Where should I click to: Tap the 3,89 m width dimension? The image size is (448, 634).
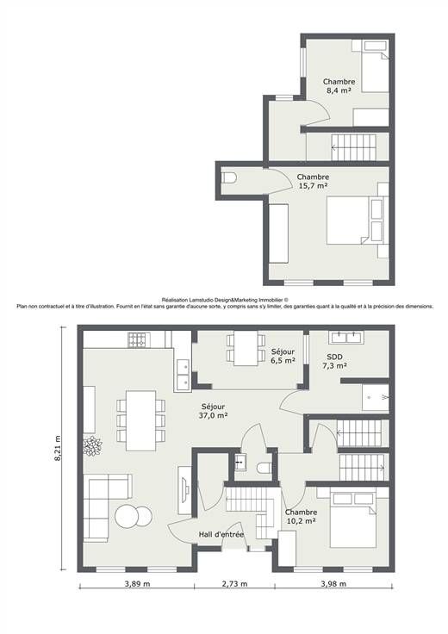138,583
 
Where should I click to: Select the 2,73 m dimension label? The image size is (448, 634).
234,583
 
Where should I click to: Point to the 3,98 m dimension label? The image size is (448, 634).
333,583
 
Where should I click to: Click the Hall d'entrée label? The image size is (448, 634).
221,535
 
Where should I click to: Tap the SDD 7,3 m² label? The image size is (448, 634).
334,361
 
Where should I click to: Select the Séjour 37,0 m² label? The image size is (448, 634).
213,411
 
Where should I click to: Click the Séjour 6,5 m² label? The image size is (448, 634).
283,356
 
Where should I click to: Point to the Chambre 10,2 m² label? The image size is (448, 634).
301,517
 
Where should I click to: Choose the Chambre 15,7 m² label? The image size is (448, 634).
313,181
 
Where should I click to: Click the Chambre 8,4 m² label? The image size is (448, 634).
339,86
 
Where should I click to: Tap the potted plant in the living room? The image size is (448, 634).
92,446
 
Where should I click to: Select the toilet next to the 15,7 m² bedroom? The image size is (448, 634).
229,177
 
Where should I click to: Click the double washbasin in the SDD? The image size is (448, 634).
345,337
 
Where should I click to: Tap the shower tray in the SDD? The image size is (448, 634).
376,397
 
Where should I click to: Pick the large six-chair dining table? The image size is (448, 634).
140,420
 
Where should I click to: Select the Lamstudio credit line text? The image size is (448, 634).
225,300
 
